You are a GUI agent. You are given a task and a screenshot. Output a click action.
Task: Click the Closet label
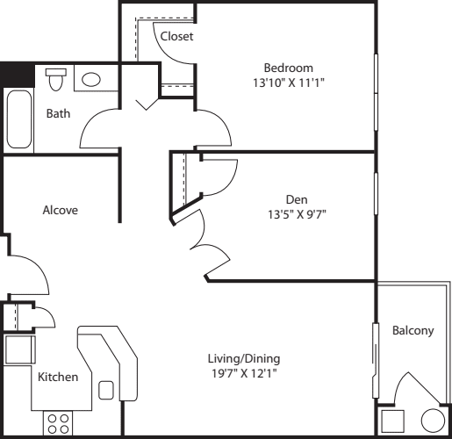(x=176, y=36)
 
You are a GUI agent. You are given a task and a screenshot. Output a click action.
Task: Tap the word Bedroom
(x=288, y=68)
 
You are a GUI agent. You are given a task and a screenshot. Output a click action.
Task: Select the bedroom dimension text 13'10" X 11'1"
(x=289, y=83)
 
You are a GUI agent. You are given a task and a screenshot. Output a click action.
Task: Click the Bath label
(x=58, y=113)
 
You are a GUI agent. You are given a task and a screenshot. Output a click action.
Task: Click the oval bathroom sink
(x=91, y=80)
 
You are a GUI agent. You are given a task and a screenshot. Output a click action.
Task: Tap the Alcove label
(x=61, y=210)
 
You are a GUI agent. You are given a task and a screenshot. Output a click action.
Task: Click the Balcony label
(x=413, y=331)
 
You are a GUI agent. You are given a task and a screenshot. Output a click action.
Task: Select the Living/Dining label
(x=244, y=359)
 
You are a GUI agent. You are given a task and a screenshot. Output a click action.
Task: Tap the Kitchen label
(x=58, y=377)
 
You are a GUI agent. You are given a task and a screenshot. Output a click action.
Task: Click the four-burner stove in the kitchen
(x=59, y=423)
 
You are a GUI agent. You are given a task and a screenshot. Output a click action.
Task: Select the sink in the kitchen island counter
(x=107, y=389)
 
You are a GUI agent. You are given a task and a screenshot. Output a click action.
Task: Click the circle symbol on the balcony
(x=433, y=421)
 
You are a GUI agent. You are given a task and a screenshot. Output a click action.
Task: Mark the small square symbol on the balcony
(x=392, y=421)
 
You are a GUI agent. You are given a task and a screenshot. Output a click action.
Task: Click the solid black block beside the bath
(x=17, y=74)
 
